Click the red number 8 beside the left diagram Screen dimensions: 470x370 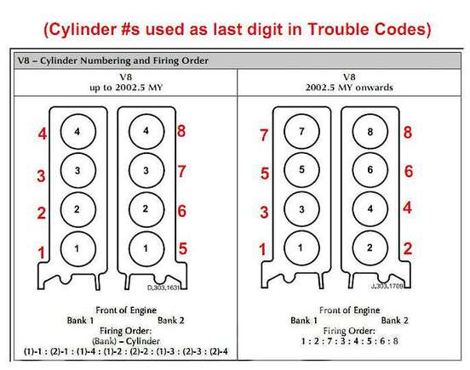[181, 131]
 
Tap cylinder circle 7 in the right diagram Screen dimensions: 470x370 [301, 131]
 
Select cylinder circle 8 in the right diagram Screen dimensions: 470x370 [370, 132]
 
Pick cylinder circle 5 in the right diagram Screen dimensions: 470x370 [301, 170]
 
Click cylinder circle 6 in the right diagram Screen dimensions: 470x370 [370, 170]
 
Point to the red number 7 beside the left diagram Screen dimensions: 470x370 [181, 171]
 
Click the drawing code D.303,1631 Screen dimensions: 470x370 [163, 287]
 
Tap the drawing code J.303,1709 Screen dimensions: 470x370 [387, 286]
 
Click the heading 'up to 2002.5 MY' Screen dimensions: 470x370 [126, 88]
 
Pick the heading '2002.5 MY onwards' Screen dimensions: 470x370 [349, 88]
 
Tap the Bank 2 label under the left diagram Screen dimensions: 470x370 [171, 321]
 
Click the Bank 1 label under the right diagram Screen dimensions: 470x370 [304, 321]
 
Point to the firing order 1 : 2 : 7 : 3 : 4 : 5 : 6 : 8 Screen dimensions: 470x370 [349, 341]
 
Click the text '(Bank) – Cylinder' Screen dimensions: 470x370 [126, 341]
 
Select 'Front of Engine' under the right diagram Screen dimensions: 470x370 [349, 310]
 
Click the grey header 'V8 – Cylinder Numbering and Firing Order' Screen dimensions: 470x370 [113, 60]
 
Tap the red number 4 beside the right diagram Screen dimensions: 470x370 [407, 208]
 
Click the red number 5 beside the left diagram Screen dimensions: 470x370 [182, 248]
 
